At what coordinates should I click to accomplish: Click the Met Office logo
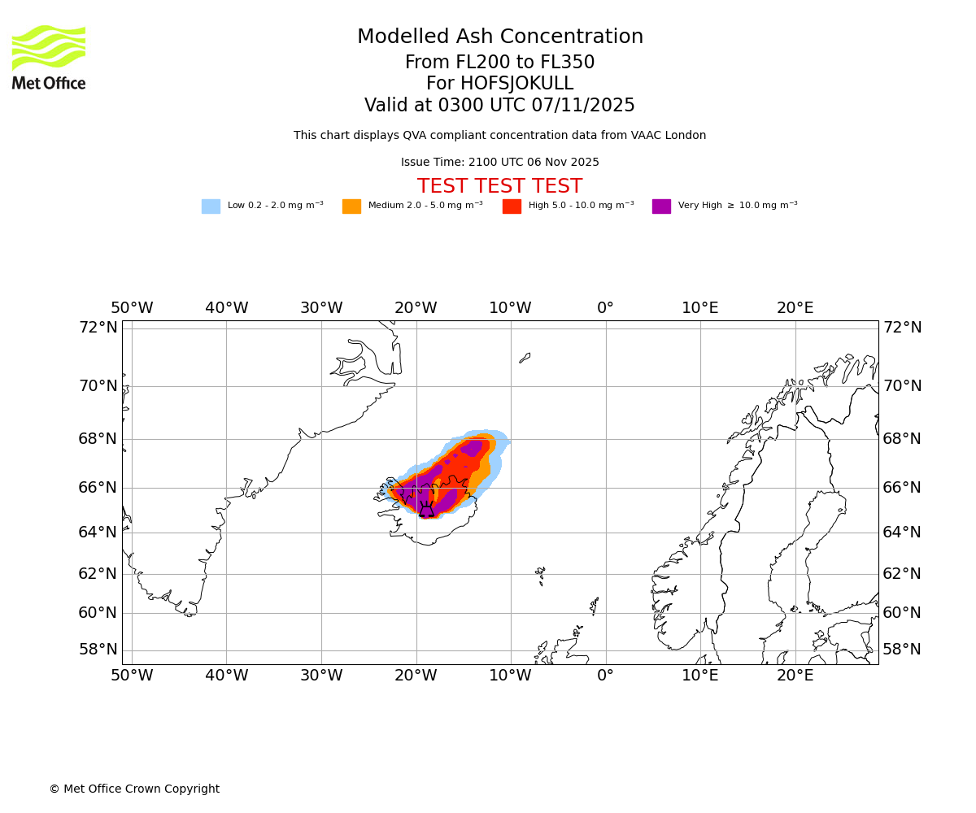(49, 57)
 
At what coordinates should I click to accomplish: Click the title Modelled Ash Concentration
(499, 37)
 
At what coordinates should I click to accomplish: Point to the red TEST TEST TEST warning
(499, 186)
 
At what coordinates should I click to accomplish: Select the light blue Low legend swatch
(211, 206)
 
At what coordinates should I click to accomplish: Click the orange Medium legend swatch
(351, 206)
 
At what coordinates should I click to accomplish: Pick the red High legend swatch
(512, 206)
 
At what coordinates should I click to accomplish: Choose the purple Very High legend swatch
(661, 206)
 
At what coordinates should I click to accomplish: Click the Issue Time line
(499, 162)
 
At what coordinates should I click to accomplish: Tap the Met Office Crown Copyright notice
(134, 789)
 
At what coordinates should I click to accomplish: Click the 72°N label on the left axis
(98, 327)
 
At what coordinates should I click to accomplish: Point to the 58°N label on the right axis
(902, 649)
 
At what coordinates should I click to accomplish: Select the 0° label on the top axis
(605, 308)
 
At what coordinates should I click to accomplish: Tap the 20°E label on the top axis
(795, 308)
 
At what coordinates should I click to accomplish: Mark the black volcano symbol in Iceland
(426, 511)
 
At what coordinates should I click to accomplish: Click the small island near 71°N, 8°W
(525, 358)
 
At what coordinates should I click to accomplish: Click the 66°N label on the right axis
(902, 487)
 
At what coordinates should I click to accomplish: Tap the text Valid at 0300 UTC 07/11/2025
(499, 106)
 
